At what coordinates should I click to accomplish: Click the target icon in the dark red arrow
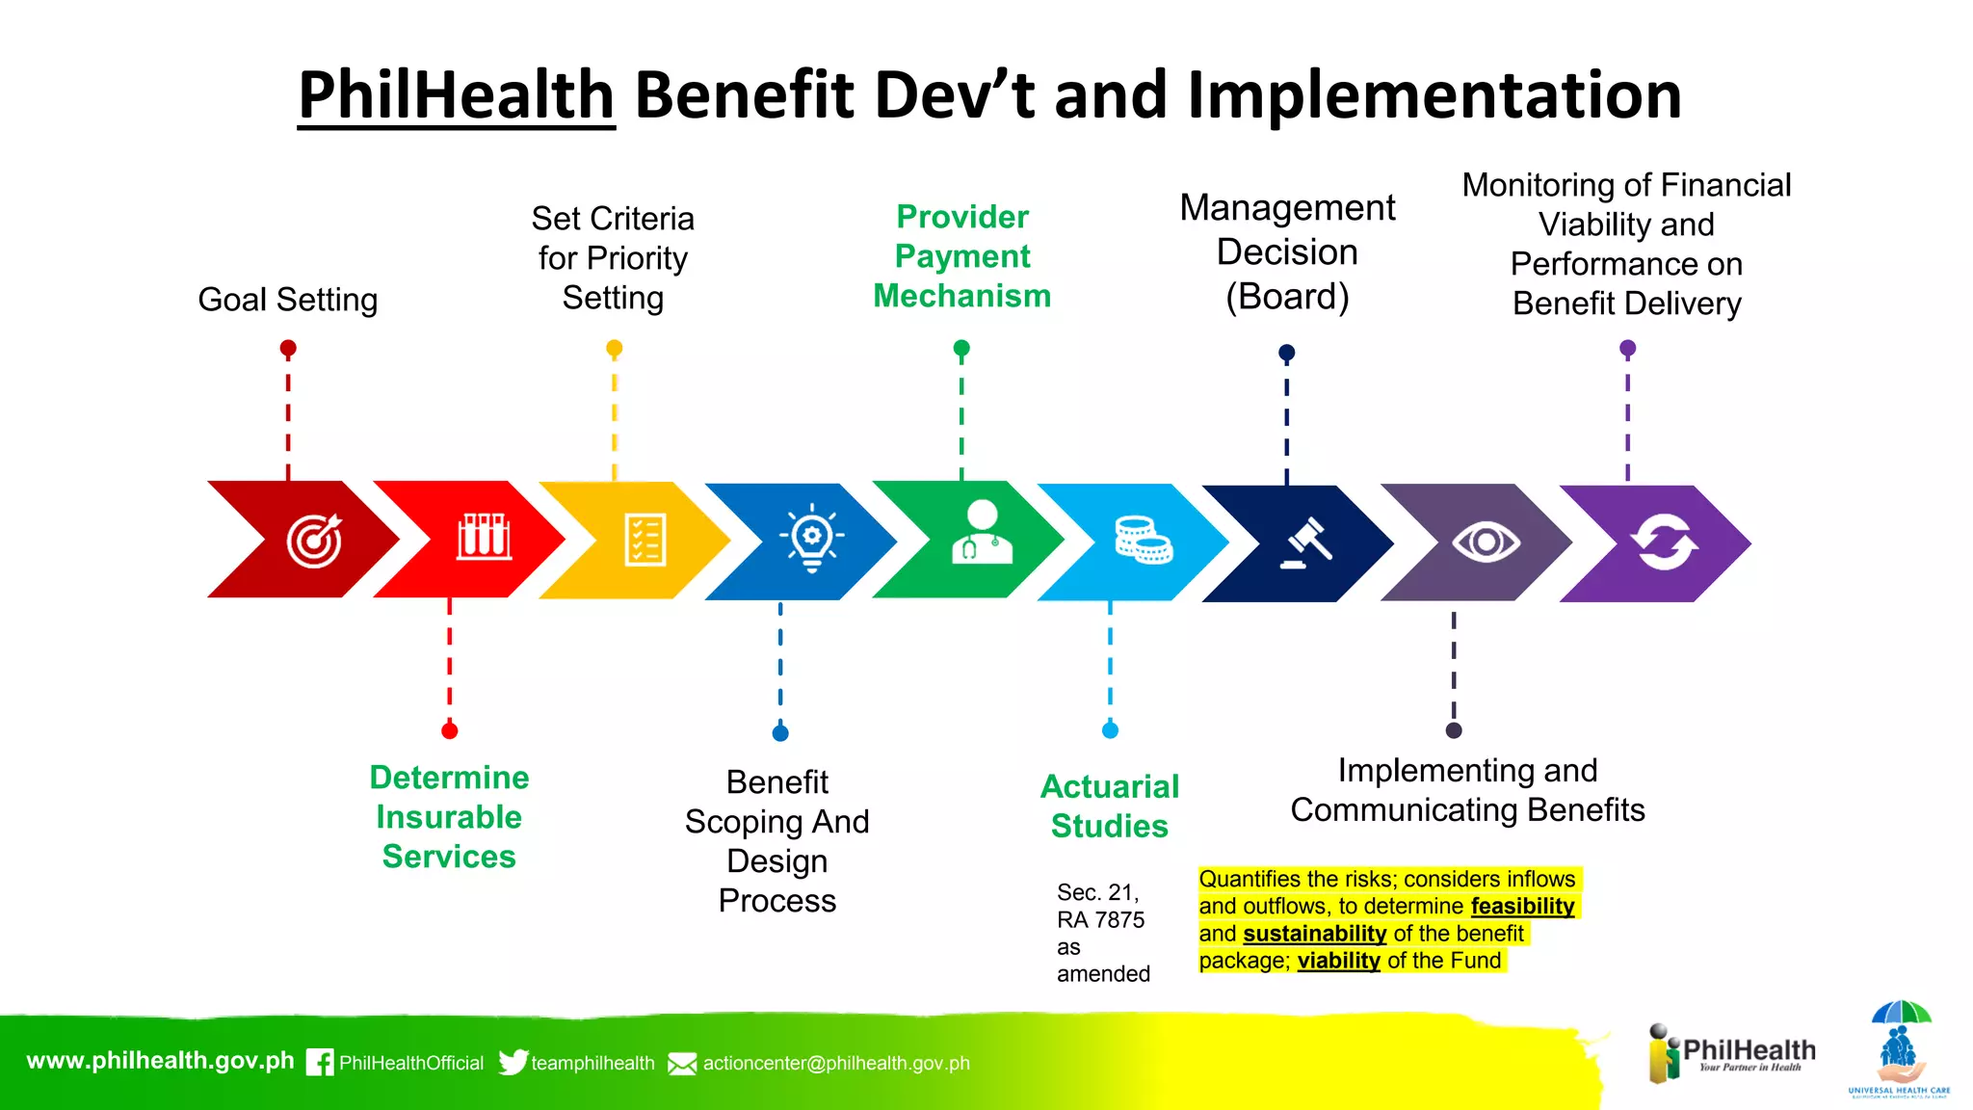(x=314, y=541)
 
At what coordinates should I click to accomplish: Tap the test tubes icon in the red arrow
(x=484, y=537)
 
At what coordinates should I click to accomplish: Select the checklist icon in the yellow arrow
(x=645, y=540)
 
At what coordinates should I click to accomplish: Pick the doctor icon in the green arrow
(x=982, y=532)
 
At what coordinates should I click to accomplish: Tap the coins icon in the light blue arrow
(x=1143, y=540)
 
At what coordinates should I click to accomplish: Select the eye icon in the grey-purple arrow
(x=1486, y=542)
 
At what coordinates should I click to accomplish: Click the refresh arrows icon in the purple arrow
(x=1664, y=542)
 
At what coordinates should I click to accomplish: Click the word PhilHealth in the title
(x=457, y=95)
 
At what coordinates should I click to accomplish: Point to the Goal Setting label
(x=287, y=300)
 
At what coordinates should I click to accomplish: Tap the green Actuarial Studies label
(x=1110, y=806)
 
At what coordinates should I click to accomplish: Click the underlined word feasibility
(x=1522, y=906)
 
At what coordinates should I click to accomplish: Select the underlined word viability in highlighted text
(x=1338, y=961)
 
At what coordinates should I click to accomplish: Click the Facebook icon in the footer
(x=320, y=1062)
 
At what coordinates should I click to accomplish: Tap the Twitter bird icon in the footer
(x=513, y=1062)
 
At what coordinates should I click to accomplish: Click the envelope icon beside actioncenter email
(x=682, y=1064)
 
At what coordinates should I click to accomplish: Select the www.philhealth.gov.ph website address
(x=160, y=1061)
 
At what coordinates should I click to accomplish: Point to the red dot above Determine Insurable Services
(x=449, y=730)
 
